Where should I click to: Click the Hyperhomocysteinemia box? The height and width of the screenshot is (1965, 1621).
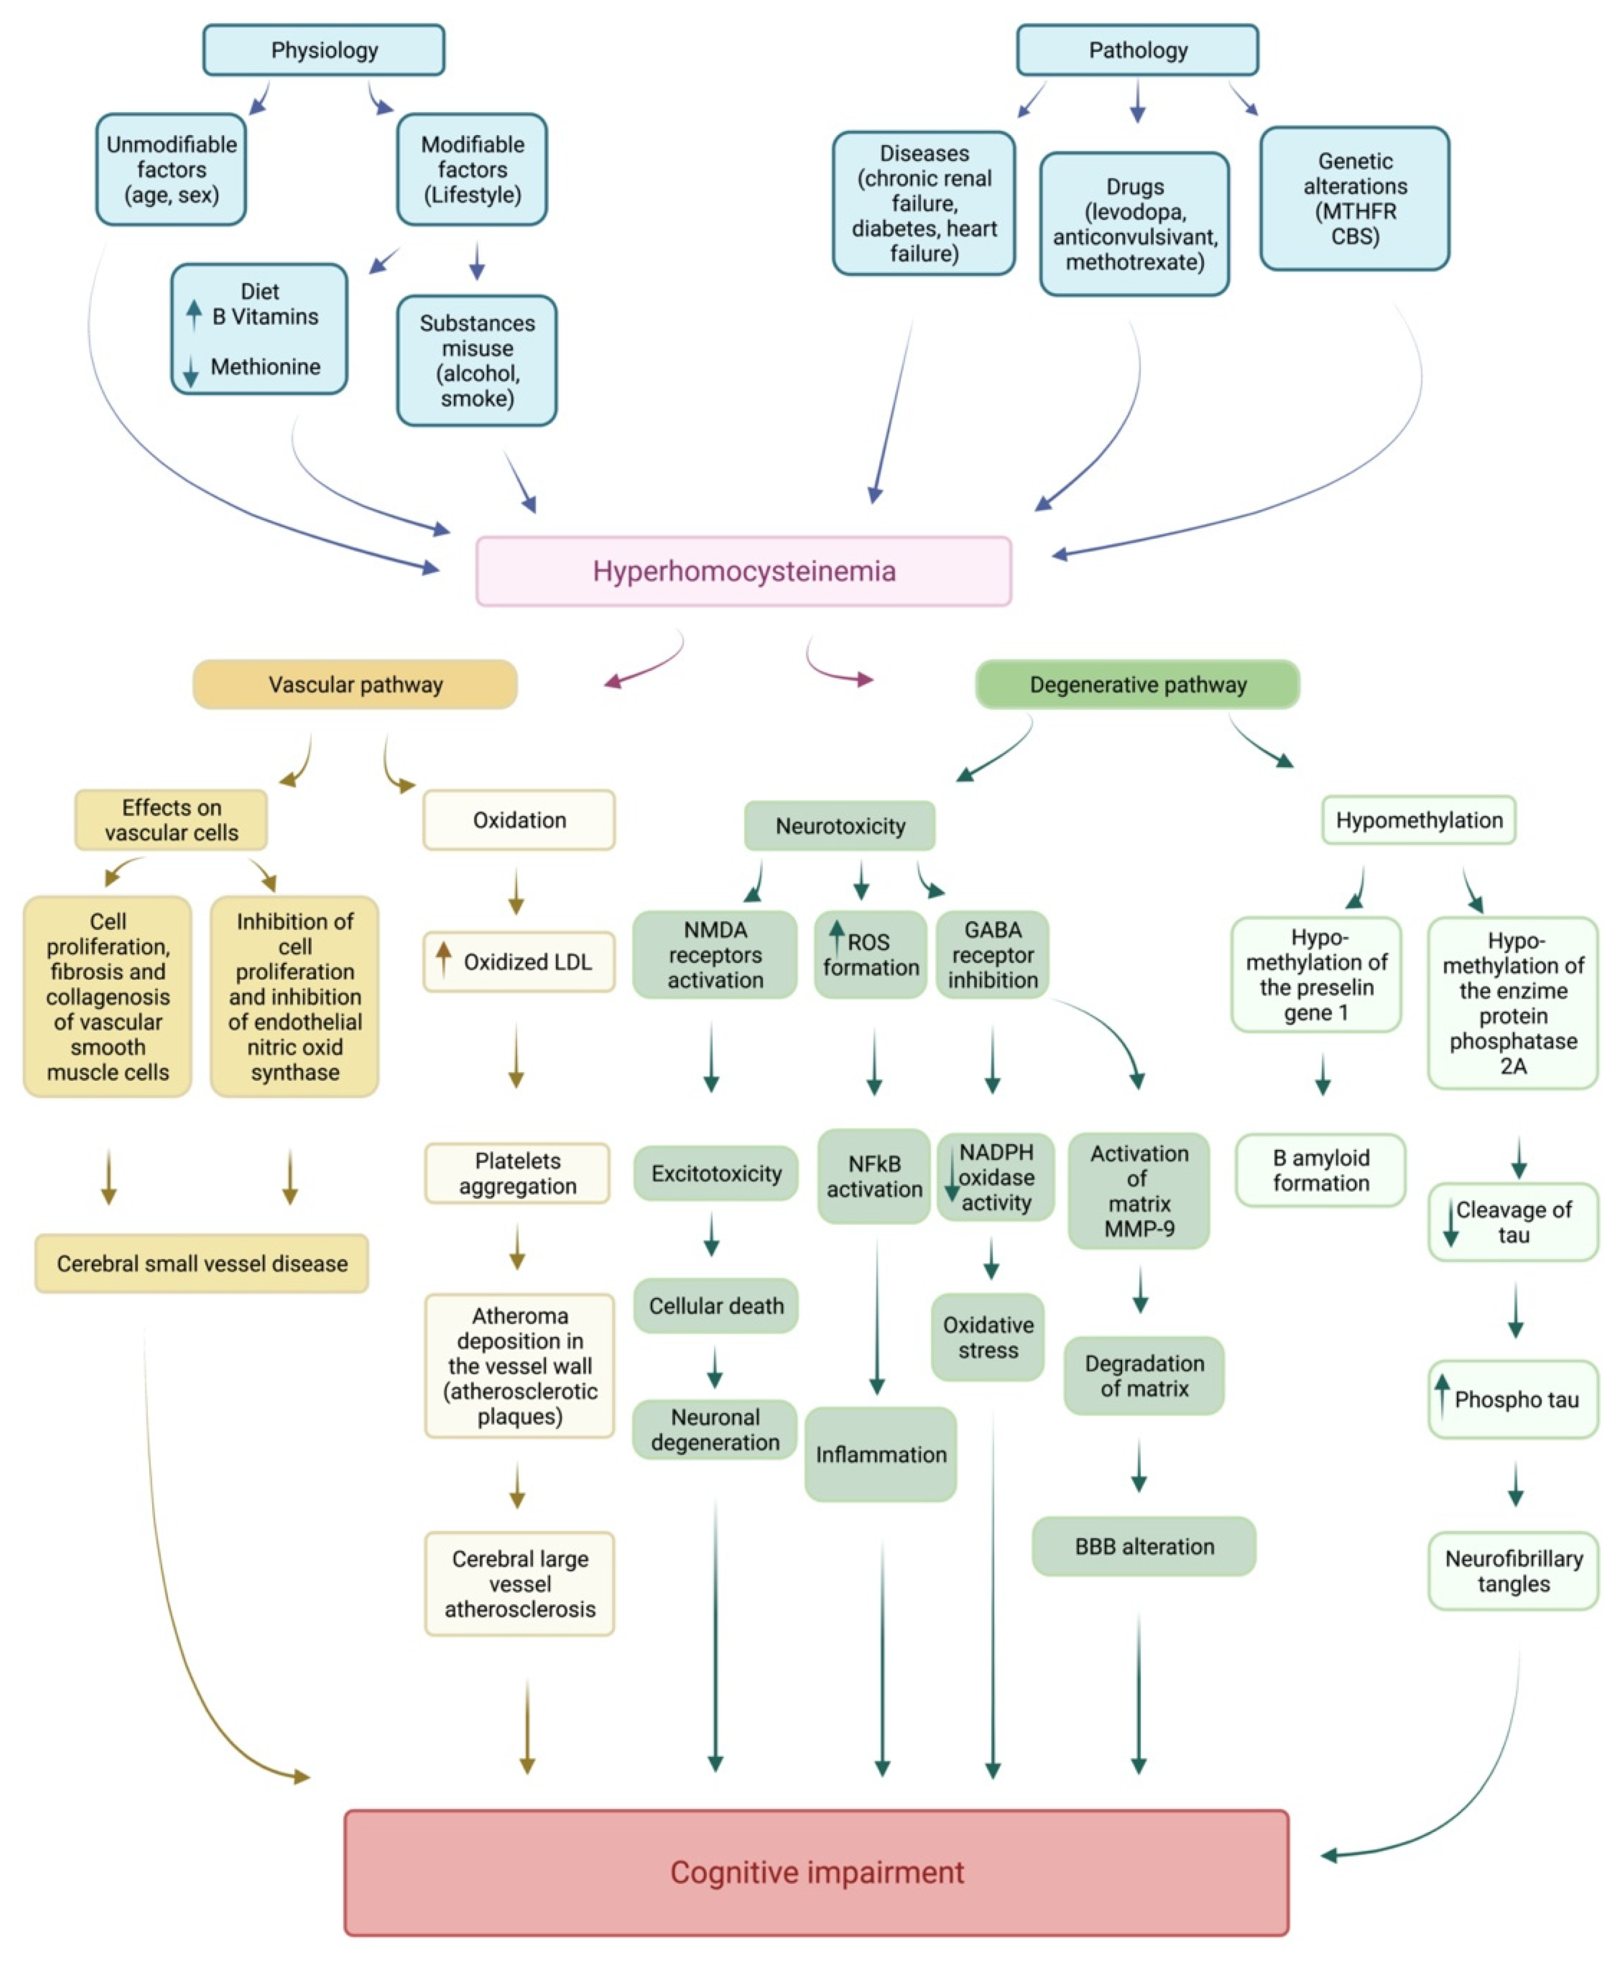point(743,570)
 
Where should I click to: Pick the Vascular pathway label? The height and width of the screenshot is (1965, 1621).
point(355,684)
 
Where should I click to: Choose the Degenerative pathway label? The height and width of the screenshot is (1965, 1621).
point(1137,684)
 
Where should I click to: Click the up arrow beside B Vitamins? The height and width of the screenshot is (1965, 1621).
point(193,314)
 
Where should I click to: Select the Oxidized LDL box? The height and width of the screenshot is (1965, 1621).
point(519,962)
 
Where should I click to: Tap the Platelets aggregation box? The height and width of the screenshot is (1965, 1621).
point(517,1173)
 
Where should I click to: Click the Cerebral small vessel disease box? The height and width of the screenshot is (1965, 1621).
point(202,1263)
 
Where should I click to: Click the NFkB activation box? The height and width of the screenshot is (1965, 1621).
point(874,1176)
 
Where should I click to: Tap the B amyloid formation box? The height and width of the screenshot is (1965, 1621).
point(1320,1170)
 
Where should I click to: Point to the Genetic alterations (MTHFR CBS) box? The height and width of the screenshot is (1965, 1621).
point(1354,198)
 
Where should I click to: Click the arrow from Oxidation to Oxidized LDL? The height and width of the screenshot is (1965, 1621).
point(516,892)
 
